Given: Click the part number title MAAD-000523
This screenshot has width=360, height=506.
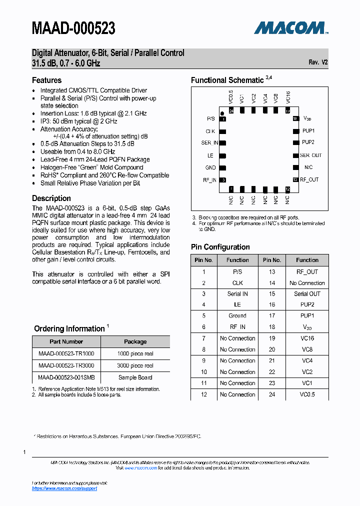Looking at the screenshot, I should click(x=73, y=28).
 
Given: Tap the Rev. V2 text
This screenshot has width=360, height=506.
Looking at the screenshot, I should click(x=318, y=62).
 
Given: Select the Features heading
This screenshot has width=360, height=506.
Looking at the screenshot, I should click(x=47, y=80).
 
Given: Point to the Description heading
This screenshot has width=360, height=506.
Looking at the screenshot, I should click(x=51, y=198).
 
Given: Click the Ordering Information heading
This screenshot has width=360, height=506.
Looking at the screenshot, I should click(x=69, y=328).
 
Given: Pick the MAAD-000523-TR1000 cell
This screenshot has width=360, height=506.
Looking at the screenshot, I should click(x=66, y=353).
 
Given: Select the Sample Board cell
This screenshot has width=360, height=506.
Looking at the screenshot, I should click(x=135, y=377).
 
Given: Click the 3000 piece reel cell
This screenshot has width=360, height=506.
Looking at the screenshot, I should click(x=135, y=365).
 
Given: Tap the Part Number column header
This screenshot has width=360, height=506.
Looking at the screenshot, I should click(x=66, y=341).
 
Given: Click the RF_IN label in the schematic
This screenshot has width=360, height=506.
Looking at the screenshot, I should click(x=209, y=180).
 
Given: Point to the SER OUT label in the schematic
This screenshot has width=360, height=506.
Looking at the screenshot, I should click(x=310, y=155).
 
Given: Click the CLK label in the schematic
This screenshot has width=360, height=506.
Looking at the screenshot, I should click(x=210, y=131).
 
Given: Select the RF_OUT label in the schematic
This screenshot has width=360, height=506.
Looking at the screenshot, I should click(x=309, y=179).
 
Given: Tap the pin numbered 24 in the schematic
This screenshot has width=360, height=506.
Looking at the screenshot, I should click(x=231, y=111).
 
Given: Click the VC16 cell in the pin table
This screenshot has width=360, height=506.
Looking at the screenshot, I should click(x=307, y=338).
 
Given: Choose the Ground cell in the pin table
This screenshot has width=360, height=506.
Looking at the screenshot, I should click(x=237, y=316).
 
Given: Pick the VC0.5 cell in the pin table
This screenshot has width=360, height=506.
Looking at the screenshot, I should click(x=307, y=394).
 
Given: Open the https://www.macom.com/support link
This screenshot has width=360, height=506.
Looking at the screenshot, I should click(x=64, y=488).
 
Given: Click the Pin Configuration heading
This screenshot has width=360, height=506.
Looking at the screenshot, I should click(x=220, y=247).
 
